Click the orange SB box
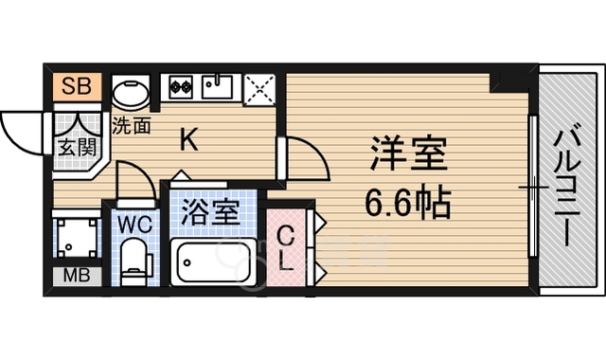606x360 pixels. [77, 86]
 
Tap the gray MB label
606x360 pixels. [77, 276]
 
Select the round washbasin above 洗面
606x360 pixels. [131, 93]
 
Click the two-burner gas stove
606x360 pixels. [181, 86]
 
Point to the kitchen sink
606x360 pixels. [218, 86]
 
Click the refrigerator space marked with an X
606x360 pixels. [260, 90]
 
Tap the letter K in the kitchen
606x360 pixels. [189, 140]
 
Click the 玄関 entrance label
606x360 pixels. [78, 147]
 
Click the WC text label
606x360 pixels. [134, 225]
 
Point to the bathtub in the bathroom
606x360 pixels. [213, 262]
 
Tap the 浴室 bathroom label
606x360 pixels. [209, 212]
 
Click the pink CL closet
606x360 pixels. [286, 248]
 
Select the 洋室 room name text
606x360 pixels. [408, 153]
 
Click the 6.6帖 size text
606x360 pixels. [408, 203]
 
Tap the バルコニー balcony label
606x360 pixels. [567, 189]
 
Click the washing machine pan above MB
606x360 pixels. [77, 238]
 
